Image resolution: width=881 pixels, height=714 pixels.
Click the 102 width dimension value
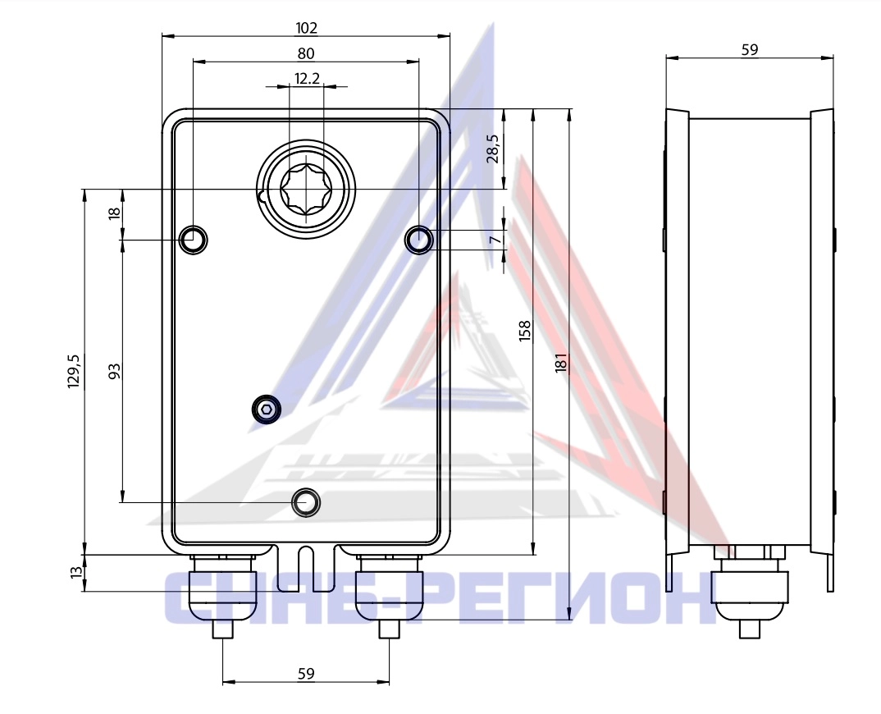point(306,28)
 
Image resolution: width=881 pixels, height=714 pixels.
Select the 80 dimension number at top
point(306,53)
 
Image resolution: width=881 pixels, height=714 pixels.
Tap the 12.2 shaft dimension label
point(307,78)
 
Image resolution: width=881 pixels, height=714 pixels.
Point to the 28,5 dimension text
point(493,149)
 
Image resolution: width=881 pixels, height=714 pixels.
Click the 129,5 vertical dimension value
point(74,371)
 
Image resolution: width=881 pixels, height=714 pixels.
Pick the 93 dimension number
point(114,371)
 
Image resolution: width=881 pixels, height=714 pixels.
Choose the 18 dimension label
point(114,213)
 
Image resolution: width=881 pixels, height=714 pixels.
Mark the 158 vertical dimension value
point(525,331)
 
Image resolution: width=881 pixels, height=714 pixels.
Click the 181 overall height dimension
point(561,363)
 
